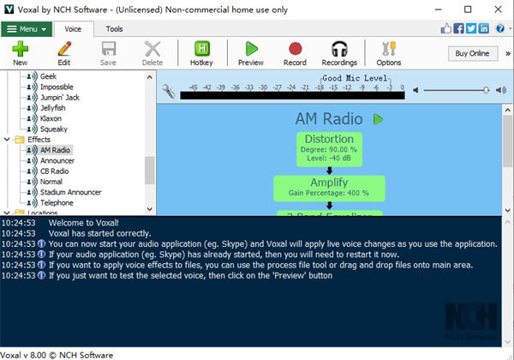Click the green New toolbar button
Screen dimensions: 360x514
[x=20, y=53]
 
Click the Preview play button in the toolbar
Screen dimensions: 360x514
[x=250, y=53]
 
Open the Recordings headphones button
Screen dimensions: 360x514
[x=340, y=53]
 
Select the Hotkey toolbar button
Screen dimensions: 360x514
[x=202, y=53]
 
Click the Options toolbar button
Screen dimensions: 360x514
[x=388, y=53]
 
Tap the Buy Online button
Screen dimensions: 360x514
[x=472, y=53]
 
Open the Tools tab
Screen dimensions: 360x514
[x=114, y=28]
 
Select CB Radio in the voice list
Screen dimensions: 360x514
[x=56, y=171]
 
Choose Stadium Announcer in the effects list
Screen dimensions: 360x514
[x=70, y=192]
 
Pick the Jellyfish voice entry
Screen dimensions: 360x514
[x=53, y=108]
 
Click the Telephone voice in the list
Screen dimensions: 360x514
[x=57, y=203]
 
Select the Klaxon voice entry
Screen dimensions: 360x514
[x=52, y=118]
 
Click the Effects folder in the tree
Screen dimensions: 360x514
[x=39, y=140]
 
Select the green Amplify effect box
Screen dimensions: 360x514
[x=329, y=188]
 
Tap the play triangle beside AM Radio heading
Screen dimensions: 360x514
[x=378, y=120]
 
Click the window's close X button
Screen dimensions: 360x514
[x=495, y=9]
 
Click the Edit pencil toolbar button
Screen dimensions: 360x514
[x=64, y=53]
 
